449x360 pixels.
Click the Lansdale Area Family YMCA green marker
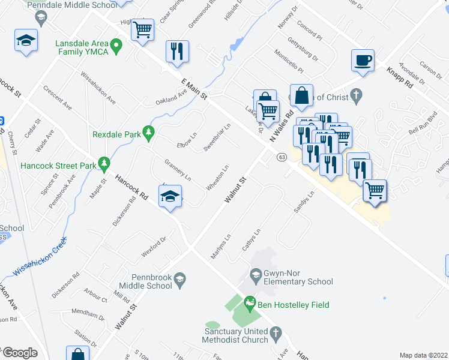(118, 44)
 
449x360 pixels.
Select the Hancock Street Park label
(58, 165)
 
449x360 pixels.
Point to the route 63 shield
(282, 157)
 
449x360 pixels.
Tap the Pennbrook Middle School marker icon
(179, 278)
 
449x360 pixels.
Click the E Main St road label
(194, 88)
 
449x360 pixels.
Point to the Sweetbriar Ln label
(217, 138)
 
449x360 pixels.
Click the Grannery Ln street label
(177, 170)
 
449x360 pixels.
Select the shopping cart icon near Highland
(143, 29)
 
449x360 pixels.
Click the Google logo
(19, 353)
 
